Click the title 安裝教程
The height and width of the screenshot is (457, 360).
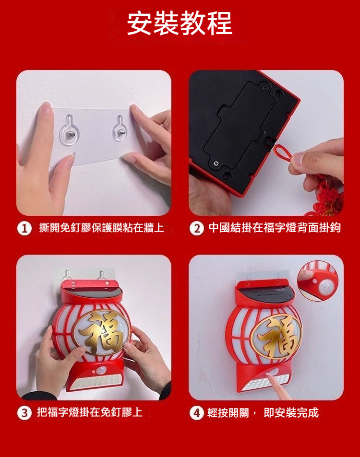tap(180, 23)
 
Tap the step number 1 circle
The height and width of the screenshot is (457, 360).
tap(24, 229)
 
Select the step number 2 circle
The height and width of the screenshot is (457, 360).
tap(197, 229)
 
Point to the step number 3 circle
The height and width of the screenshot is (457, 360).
tap(24, 413)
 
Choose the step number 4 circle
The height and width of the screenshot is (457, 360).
tap(197, 413)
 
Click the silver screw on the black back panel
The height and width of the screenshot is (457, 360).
tap(216, 163)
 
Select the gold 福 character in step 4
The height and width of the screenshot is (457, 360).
tap(276, 337)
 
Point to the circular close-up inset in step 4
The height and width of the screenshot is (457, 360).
tap(318, 281)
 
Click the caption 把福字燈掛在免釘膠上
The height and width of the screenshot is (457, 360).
tap(90, 413)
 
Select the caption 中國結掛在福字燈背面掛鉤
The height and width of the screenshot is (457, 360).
tap(275, 228)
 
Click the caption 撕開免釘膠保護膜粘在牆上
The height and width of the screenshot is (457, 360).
tap(102, 228)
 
